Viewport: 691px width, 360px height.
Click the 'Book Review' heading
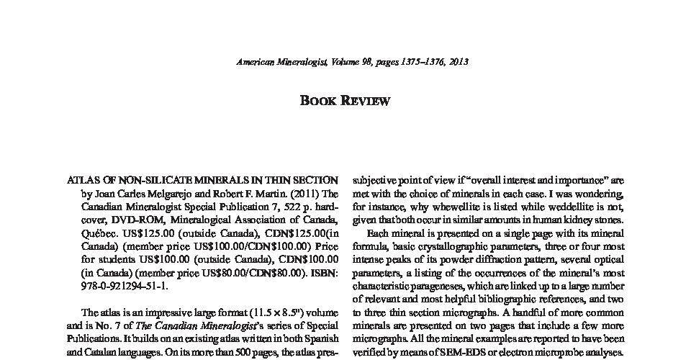tap(345, 101)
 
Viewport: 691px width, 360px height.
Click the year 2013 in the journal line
tap(457, 62)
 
